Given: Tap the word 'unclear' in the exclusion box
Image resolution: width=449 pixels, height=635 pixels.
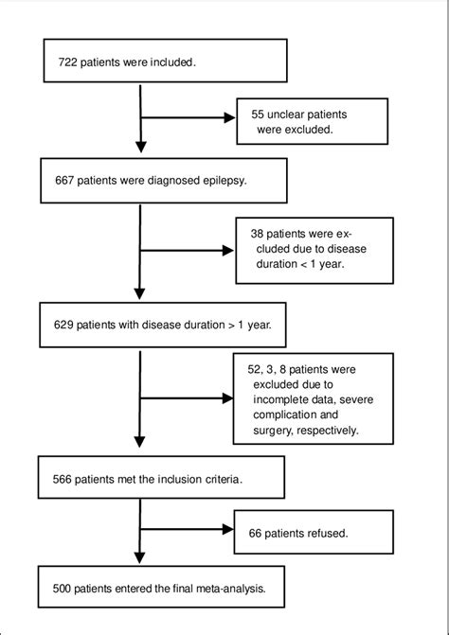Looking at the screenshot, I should click(296, 113).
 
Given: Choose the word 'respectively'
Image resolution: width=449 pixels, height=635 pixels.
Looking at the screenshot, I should click(328, 431).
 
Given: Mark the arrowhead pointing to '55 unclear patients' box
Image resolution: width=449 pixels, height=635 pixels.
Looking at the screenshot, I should click(228, 119).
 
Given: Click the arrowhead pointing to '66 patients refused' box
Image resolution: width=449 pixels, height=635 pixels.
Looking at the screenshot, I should click(228, 536).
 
